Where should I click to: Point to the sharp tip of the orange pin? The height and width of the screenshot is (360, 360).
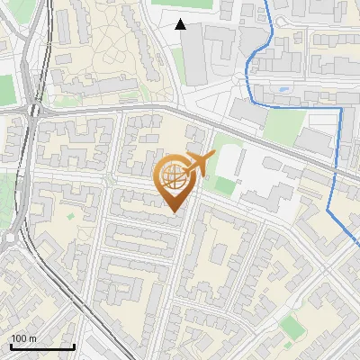[175, 212]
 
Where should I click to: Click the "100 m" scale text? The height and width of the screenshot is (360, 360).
[23, 338]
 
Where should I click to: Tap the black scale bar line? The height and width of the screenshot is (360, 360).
[41, 346]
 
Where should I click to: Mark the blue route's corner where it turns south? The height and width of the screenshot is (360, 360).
[342, 108]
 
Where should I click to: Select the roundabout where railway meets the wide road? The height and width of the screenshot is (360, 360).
[35, 111]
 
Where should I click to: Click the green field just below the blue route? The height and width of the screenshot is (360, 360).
[284, 126]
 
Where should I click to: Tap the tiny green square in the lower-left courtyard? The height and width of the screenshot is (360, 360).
[70, 216]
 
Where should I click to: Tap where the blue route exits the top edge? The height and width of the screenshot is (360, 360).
[266, 2]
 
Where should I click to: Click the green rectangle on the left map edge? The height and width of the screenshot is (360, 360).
[5, 88]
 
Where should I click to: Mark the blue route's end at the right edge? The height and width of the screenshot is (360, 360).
[357, 238]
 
